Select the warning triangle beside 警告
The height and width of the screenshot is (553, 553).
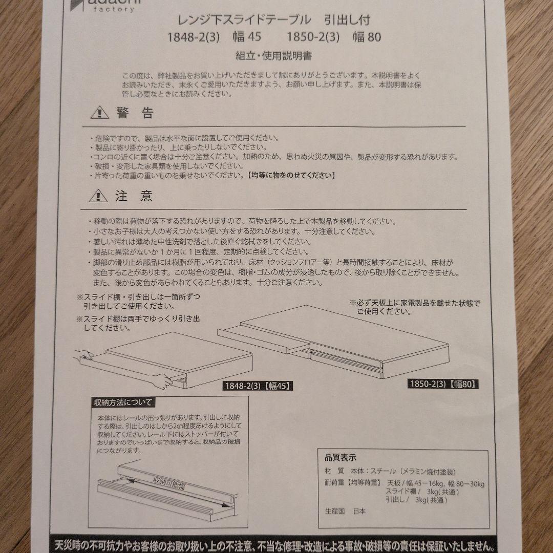[x=99, y=112]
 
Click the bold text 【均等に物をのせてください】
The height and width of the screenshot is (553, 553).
[x=291, y=176]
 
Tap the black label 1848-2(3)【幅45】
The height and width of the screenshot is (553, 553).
[x=258, y=386]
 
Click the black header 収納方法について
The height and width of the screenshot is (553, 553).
[x=122, y=402]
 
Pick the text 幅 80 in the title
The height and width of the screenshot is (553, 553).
[x=367, y=37]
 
